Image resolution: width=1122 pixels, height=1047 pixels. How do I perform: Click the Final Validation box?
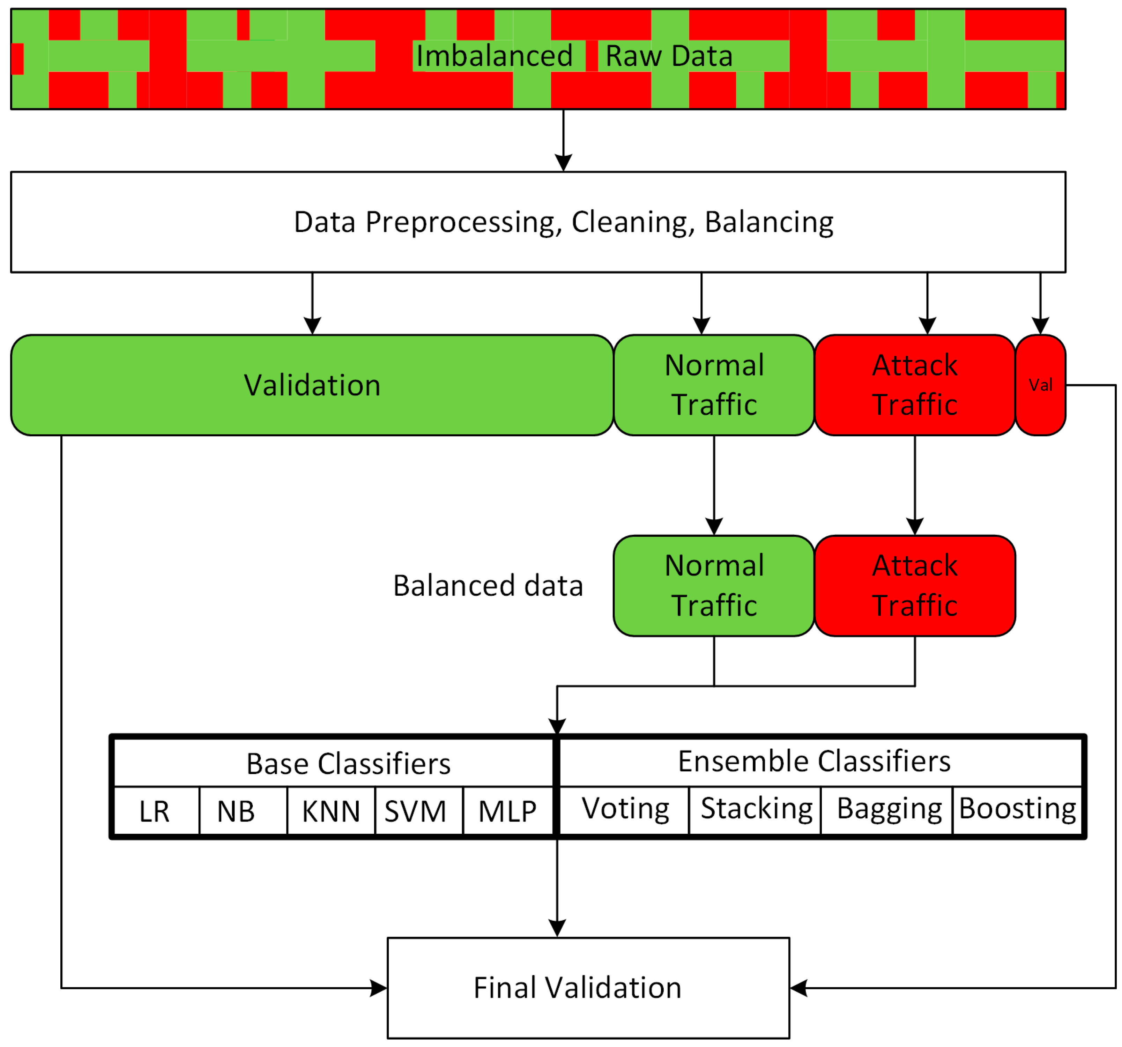point(588,988)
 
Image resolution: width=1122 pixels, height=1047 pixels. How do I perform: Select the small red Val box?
point(1040,385)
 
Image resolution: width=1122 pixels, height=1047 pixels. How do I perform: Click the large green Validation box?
point(312,385)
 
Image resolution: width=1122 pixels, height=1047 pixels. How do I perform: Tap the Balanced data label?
point(488,585)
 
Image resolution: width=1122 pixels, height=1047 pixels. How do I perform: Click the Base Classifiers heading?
point(348,764)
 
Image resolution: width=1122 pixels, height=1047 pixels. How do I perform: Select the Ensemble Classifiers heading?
point(814,761)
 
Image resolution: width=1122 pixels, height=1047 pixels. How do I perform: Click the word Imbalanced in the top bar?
point(495,56)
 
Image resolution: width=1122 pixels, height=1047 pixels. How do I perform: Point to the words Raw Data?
point(669,56)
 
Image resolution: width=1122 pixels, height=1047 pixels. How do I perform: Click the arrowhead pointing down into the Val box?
point(1040,326)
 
